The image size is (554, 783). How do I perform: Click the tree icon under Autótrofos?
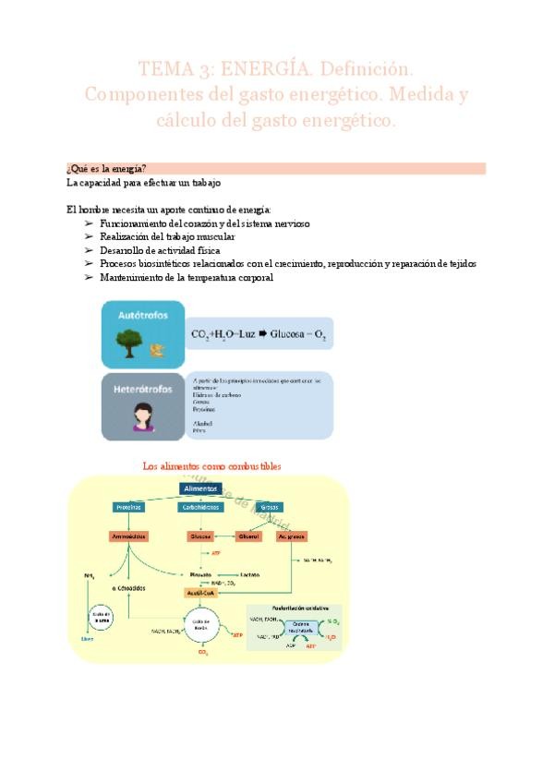127,343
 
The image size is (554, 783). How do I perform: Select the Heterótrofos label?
144,389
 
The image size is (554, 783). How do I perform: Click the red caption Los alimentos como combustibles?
212,466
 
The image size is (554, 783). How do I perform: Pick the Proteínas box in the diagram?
129,508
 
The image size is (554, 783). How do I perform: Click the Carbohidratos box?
199,508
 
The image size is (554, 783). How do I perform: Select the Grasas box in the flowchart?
271,508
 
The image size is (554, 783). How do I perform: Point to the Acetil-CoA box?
199,593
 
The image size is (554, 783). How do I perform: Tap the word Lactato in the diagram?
249,574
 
